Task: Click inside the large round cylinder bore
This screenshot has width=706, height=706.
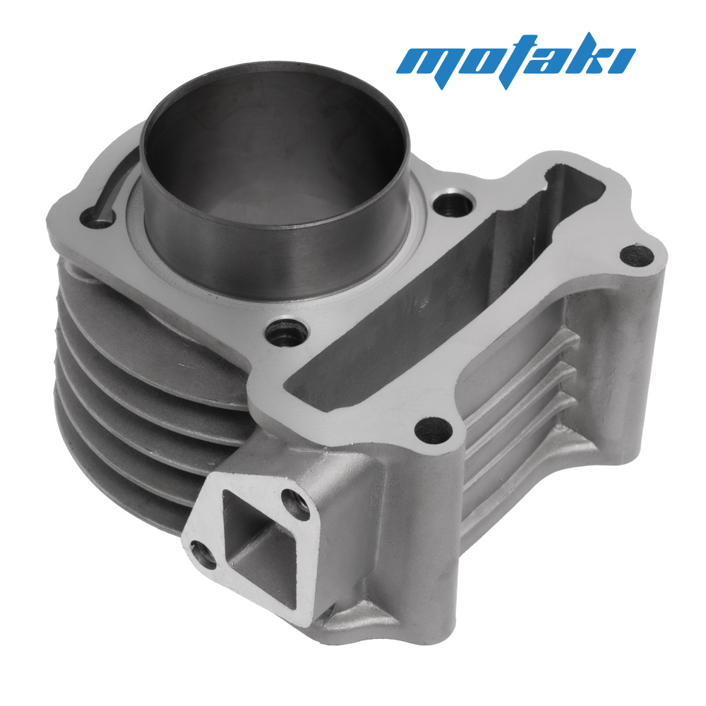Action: coord(275,148)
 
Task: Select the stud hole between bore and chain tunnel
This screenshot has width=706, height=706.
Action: coord(287,333)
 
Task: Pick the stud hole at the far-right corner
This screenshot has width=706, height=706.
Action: coord(637,256)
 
